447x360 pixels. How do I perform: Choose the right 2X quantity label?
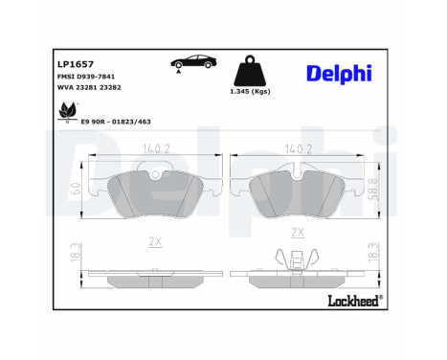298,233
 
